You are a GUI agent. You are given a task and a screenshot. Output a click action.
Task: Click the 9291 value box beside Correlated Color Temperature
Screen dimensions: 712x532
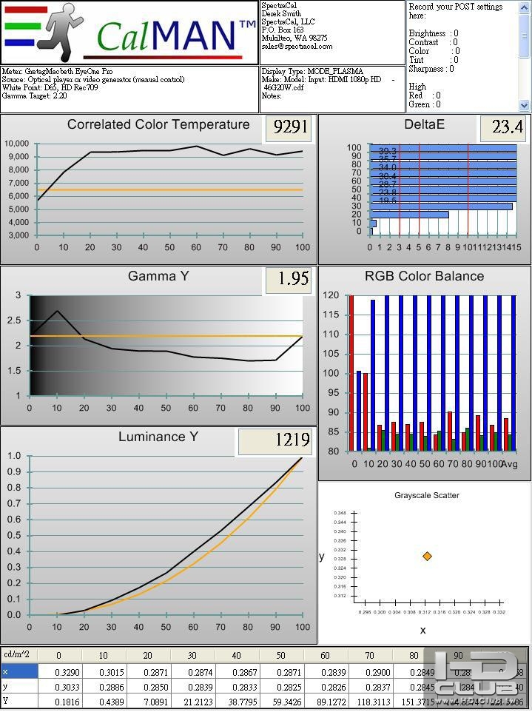[x=291, y=127]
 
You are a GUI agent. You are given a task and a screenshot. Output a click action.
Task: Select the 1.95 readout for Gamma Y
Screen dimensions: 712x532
[x=289, y=280]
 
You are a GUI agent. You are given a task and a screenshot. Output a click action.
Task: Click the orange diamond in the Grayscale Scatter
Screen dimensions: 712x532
[x=427, y=556]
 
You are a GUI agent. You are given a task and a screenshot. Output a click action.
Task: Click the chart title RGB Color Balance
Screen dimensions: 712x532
[x=424, y=277]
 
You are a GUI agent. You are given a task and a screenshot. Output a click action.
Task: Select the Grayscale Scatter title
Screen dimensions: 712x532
[x=426, y=495]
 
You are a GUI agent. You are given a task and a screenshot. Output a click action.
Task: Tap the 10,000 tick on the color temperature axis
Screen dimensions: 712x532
[x=16, y=144]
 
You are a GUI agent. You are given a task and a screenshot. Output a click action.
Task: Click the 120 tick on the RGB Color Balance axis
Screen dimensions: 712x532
[x=332, y=295]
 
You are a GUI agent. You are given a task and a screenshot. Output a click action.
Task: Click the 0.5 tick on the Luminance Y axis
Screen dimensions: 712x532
[x=14, y=535]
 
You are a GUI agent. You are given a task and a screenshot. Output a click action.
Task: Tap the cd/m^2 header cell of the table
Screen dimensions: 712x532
[x=18, y=655]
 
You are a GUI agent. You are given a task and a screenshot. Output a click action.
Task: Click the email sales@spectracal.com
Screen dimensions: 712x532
[x=297, y=46]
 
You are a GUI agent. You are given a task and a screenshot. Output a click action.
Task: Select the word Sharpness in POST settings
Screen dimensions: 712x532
[x=426, y=69]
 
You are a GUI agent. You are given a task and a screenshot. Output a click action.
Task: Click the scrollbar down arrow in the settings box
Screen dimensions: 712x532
[x=525, y=105]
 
